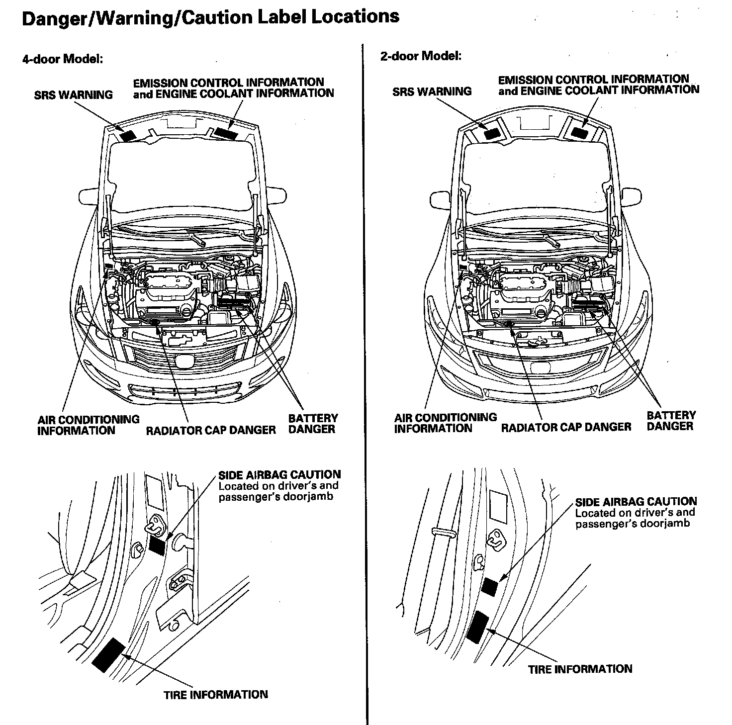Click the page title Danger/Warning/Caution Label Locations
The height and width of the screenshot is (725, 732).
[210, 17]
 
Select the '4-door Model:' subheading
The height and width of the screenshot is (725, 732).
[62, 59]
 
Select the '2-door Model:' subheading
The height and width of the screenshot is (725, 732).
[421, 56]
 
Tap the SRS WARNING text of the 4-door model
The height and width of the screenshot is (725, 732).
[74, 94]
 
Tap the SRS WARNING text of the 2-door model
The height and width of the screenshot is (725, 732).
[432, 91]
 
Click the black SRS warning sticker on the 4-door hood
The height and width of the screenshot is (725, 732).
[129, 134]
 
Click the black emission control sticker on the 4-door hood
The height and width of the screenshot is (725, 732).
[226, 133]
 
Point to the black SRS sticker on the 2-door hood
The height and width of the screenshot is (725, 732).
[492, 133]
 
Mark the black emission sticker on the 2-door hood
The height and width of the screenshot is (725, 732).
[579, 132]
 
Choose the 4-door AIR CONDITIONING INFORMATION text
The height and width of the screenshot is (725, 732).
[88, 425]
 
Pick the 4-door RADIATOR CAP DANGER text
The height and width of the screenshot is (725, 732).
[210, 430]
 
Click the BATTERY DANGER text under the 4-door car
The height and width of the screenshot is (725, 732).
[313, 424]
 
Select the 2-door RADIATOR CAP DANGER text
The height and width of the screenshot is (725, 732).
[566, 427]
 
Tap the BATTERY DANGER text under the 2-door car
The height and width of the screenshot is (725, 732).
[671, 420]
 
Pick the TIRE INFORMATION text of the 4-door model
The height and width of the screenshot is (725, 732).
[215, 694]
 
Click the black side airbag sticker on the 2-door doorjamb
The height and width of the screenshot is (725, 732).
[489, 587]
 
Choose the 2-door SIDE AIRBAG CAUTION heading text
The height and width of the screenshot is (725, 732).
[636, 501]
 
